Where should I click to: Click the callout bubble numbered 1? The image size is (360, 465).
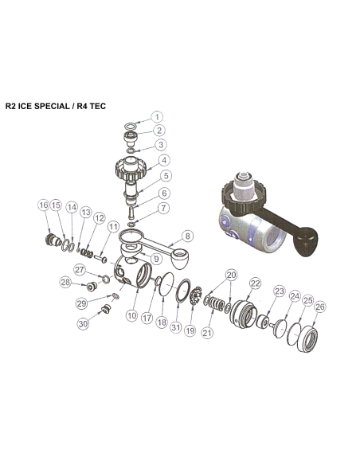point(157,116)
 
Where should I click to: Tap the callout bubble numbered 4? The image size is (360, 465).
point(163,158)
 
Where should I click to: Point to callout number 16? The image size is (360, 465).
point(43,205)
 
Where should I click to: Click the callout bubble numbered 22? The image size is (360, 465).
point(255,283)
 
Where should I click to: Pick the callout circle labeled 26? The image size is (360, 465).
point(319,307)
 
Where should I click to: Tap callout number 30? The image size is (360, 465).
point(83,324)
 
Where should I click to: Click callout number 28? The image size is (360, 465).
point(67,283)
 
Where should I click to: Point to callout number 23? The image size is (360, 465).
point(279,291)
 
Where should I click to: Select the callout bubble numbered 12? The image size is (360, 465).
point(99,217)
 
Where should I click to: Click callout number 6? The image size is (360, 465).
point(164,193)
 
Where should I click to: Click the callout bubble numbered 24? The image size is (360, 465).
point(294,296)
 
